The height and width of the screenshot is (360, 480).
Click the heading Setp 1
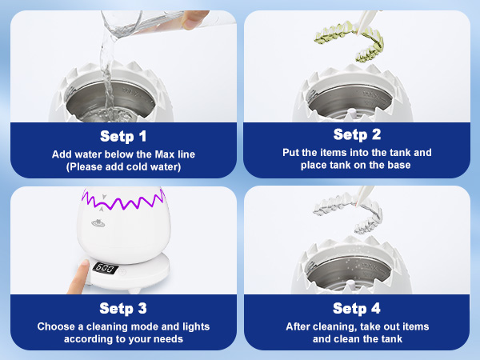point(123,136)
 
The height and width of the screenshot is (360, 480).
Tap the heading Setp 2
point(357,134)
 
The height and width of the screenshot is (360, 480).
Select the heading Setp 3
point(123,308)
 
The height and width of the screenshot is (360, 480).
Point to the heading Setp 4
point(357,308)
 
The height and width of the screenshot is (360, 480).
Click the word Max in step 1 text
point(164,154)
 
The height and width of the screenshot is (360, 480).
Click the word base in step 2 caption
point(399,165)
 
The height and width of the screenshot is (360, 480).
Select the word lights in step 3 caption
point(196,326)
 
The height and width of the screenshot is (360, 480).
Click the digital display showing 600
point(106,268)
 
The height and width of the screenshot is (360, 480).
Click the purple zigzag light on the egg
point(123,200)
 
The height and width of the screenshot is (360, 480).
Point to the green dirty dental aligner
point(350,41)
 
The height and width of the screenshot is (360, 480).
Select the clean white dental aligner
point(349,212)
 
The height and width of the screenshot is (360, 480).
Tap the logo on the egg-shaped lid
point(98,223)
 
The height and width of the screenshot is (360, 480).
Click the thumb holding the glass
point(194,19)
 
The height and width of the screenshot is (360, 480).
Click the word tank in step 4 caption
point(390,339)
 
